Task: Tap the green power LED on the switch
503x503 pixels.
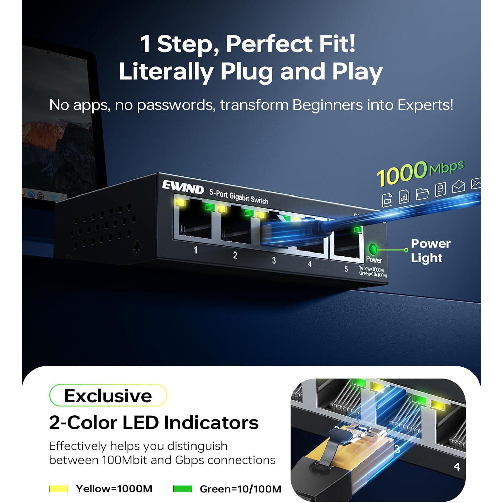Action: (x=373, y=249)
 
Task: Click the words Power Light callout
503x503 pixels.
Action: (x=431, y=251)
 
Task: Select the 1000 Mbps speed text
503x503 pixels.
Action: (x=420, y=172)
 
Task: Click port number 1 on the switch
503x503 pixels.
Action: (x=195, y=250)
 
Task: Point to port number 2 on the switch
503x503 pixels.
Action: (x=235, y=255)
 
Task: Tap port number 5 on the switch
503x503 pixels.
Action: (x=346, y=269)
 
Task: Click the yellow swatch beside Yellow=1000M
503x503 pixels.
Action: (x=59, y=489)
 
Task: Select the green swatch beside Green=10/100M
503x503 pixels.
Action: (x=183, y=489)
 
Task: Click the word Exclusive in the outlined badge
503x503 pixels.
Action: (x=108, y=396)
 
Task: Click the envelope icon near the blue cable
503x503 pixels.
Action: (x=458, y=186)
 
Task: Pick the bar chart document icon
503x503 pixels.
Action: (x=404, y=197)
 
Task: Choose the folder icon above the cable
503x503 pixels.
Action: (x=422, y=193)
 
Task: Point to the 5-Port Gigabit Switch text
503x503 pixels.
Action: (x=239, y=197)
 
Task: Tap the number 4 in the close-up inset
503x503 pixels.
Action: (x=457, y=466)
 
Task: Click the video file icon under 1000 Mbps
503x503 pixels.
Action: (x=387, y=200)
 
